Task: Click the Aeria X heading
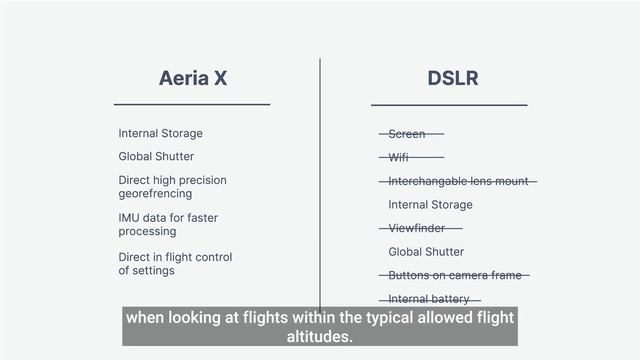[x=193, y=78]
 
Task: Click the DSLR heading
[x=449, y=78]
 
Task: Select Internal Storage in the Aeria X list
[x=160, y=134]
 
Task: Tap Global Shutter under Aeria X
[x=156, y=157]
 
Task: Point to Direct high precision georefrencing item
[x=172, y=187]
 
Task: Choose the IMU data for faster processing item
[x=168, y=224]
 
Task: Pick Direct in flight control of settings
[x=175, y=264]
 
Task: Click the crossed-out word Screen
[x=407, y=134]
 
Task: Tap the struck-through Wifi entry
[x=399, y=158]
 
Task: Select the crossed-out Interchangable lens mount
[x=458, y=181]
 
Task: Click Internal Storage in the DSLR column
[x=430, y=205]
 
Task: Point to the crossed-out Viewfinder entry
[x=417, y=229]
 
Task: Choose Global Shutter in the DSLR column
[x=426, y=252]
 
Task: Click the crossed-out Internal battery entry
[x=429, y=299]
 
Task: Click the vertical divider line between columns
[x=320, y=180]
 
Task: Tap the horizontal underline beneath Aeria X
[x=192, y=104]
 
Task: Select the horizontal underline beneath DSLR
[x=449, y=104]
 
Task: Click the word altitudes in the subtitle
[x=320, y=337]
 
